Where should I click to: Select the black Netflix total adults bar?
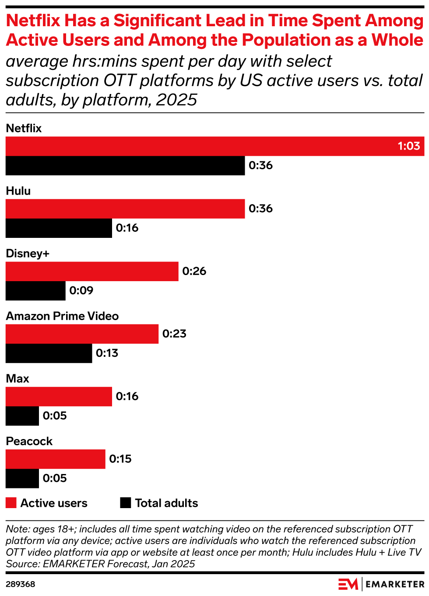125,166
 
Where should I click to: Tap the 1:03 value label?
408,146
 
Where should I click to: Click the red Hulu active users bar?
125,209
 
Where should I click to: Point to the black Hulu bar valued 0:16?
59,228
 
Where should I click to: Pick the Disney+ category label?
28,254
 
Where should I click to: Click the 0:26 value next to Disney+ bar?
194,271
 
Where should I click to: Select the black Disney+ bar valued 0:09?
35,291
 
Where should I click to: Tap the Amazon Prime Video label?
62,316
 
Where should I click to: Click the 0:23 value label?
174,334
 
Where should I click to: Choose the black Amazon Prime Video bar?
49,353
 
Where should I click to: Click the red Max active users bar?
59,397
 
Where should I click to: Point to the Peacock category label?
29,441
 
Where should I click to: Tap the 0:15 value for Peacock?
120,459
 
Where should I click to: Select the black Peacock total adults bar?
22,478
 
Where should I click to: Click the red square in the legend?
11,503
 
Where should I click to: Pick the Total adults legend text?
166,503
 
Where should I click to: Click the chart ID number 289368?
20,584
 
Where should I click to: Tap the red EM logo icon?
348,584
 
